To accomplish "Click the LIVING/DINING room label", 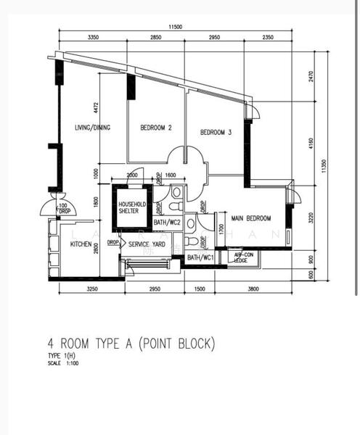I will click(92, 128).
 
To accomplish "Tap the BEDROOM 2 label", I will click(155, 128).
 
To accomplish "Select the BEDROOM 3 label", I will click(216, 132).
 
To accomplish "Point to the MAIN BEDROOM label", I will click(251, 218).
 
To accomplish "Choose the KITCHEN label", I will click(81, 245).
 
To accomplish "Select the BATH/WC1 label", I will click(200, 257).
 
